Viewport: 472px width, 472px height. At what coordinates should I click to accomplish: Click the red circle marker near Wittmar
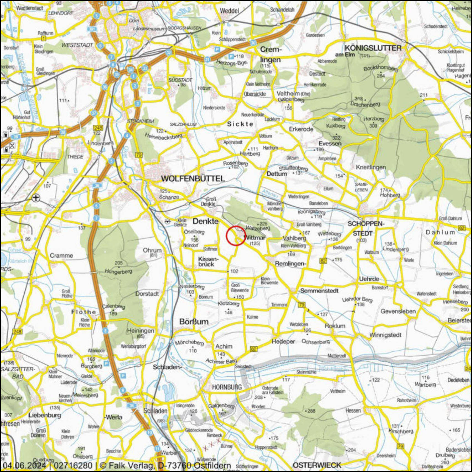tap(236, 236)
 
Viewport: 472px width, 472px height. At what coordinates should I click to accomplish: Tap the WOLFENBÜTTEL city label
tap(193, 179)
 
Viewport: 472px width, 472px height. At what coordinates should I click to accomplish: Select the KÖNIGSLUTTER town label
tap(373, 48)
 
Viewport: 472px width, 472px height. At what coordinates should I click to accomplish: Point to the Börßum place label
tap(194, 322)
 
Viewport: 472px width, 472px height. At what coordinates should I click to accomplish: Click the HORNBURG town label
tap(227, 387)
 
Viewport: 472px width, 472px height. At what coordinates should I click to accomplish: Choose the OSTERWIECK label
tap(317, 465)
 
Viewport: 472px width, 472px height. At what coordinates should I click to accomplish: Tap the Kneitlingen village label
tap(371, 167)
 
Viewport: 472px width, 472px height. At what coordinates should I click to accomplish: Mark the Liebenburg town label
tap(45, 415)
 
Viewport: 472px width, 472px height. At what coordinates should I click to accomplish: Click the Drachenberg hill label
tap(365, 104)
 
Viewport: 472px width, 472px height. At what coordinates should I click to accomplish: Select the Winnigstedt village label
tap(385, 335)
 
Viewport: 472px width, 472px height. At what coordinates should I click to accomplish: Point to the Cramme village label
tap(61, 255)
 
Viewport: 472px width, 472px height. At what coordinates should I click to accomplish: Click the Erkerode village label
tap(301, 129)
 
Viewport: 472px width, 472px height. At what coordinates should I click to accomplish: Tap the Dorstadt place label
tap(147, 294)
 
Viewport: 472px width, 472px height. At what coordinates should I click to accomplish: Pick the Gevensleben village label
tap(398, 311)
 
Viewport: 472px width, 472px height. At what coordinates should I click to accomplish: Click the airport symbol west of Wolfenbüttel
tap(36, 198)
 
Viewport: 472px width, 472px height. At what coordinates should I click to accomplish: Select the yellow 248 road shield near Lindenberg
tap(98, 128)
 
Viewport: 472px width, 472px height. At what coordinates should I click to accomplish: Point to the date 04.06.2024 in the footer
tap(24, 466)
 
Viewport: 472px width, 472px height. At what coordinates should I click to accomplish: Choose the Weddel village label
tap(229, 11)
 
